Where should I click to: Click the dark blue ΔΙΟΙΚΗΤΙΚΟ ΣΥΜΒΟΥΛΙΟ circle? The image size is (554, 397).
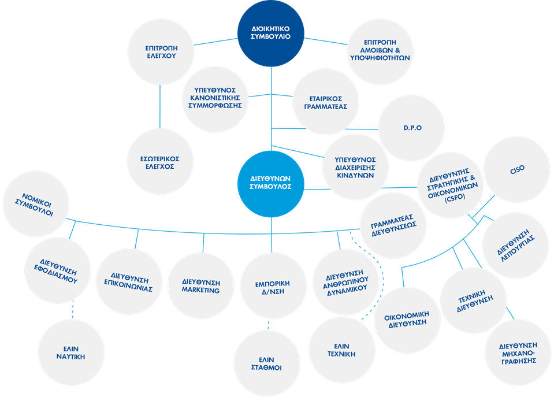(x=271, y=33)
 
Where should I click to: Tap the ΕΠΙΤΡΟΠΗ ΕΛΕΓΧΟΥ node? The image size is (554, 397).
(x=160, y=52)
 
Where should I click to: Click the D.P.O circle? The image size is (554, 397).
(x=411, y=128)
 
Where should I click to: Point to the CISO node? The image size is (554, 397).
(x=516, y=170)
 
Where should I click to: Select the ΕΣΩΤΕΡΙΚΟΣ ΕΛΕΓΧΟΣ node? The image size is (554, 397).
(x=160, y=162)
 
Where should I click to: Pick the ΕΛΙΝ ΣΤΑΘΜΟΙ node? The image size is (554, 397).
(x=267, y=362)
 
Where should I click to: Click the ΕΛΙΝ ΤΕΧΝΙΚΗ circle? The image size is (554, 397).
(x=341, y=349)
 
